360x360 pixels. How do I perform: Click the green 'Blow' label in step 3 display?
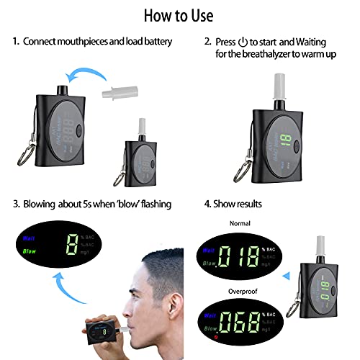(30, 252)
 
